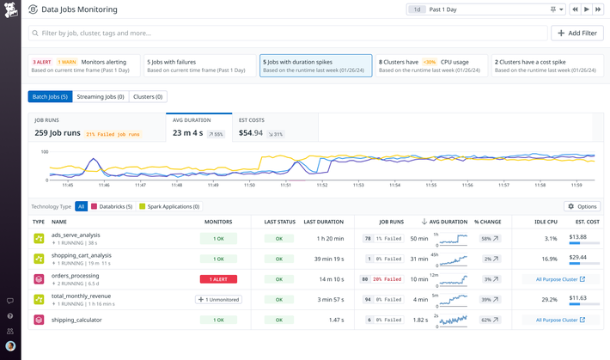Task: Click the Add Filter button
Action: tap(576, 34)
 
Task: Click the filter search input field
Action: tap(288, 34)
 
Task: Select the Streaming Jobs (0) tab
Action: tap(101, 97)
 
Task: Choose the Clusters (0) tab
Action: tap(148, 97)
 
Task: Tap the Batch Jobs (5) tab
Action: tap(50, 97)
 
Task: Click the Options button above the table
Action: tap(582, 206)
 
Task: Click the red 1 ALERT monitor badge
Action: tap(218, 279)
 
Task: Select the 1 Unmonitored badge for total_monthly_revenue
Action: tap(218, 300)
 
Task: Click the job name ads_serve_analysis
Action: tap(76, 235)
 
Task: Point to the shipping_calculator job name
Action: tap(76, 320)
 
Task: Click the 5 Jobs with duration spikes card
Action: tap(315, 66)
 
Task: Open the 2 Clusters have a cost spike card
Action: tap(546, 66)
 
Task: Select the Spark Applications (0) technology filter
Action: tap(169, 206)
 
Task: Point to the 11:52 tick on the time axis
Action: tap(323, 185)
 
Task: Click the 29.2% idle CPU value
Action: tap(550, 300)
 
